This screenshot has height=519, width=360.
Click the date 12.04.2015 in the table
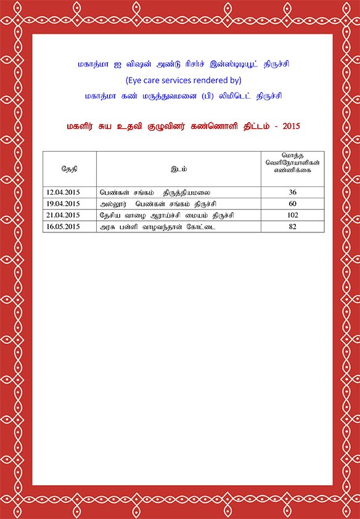(63, 193)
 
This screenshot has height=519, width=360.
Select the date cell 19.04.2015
(63, 204)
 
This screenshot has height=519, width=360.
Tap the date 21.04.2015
(63, 215)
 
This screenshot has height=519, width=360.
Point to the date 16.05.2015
(63, 227)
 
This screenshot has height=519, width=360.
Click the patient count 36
(292, 193)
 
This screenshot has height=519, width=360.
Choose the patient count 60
(292, 204)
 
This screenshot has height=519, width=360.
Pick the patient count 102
(292, 215)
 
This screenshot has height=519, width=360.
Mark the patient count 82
(292, 227)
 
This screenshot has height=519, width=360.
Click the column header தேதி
(69, 168)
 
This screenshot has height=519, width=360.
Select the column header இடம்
(179, 168)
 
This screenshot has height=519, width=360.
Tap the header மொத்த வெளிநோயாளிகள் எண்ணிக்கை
(292, 163)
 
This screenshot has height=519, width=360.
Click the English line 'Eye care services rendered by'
(183, 80)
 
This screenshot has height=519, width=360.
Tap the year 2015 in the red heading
(290, 126)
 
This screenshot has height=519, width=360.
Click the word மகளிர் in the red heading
(81, 126)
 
